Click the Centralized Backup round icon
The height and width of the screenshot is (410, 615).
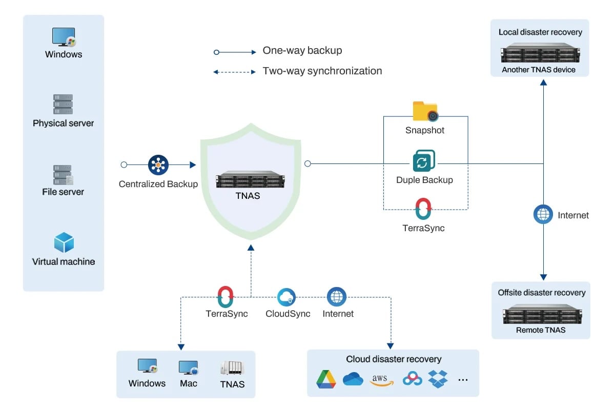(158, 165)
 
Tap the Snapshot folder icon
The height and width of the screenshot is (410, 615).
(425, 111)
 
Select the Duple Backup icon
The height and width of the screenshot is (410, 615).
(424, 160)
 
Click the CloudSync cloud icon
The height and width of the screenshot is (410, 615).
(286, 297)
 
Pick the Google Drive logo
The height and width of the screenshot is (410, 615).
(326, 379)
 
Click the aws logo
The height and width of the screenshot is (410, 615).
(381, 380)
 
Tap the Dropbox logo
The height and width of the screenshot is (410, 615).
(438, 379)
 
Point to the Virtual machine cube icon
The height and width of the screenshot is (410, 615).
(64, 242)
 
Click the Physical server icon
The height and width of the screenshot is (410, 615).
(63, 104)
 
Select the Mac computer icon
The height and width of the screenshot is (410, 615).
(189, 367)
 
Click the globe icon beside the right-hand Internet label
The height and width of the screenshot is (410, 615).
(543, 214)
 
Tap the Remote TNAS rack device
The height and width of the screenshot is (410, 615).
(542, 314)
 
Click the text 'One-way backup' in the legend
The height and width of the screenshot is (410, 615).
(302, 51)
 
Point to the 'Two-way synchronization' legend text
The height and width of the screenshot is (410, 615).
(322, 71)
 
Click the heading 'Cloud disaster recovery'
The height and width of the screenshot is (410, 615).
(394, 359)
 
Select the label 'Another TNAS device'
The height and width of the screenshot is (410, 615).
(539, 70)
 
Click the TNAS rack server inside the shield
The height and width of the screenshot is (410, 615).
(251, 179)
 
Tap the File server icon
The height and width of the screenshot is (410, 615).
(63, 175)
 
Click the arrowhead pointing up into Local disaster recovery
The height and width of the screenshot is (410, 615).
(543, 83)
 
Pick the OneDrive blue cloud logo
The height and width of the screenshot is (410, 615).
(353, 379)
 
